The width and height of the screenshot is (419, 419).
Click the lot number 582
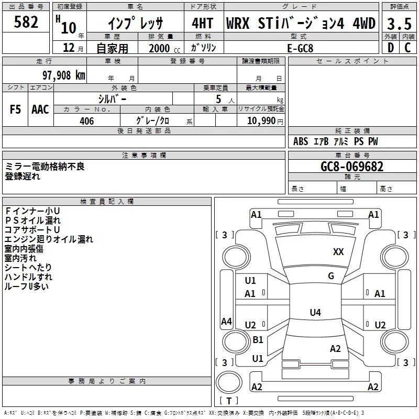pyautogui.click(x=26, y=22)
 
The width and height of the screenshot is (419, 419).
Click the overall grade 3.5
pyautogui.click(x=399, y=24)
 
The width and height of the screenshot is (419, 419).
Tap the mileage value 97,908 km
pyautogui.click(x=64, y=75)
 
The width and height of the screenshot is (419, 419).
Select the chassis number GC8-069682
pyautogui.click(x=352, y=167)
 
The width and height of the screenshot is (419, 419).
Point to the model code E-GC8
pyautogui.click(x=300, y=48)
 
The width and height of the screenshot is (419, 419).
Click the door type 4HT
pyautogui.click(x=203, y=23)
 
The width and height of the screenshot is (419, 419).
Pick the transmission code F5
pyautogui.click(x=15, y=109)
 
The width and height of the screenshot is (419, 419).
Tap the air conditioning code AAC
pyautogui.click(x=40, y=109)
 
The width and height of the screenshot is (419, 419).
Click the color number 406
pyautogui.click(x=87, y=121)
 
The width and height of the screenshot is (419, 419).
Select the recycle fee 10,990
pyautogui.click(x=261, y=121)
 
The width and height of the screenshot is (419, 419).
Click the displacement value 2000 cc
pyautogui.click(x=164, y=48)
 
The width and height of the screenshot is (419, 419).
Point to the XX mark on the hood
pyautogui.click(x=338, y=252)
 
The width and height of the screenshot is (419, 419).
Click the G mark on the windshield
pyautogui.click(x=331, y=276)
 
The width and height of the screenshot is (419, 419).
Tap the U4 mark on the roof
pyautogui.click(x=315, y=312)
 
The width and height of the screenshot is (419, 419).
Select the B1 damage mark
pyautogui.click(x=258, y=339)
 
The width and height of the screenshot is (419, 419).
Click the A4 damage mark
pyautogui.click(x=226, y=321)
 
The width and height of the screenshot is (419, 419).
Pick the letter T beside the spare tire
pyautogui.click(x=229, y=401)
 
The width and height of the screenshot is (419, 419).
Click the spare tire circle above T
pyautogui.click(x=229, y=382)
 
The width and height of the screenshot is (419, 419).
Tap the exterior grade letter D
pyautogui.click(x=391, y=48)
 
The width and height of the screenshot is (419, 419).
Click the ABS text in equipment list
pyautogui.click(x=301, y=141)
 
